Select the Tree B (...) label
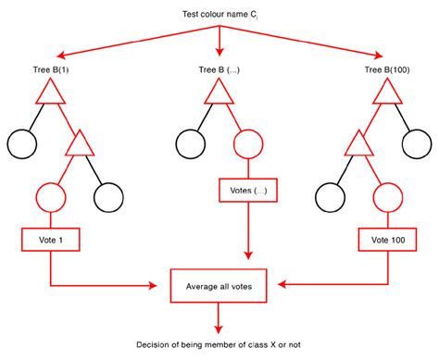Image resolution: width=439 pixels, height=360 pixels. pos(219,70)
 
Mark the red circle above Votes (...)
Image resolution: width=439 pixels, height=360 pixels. pos(248,146)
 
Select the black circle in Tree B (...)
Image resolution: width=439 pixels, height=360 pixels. pos(191,146)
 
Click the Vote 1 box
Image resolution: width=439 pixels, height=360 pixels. pos(49,241)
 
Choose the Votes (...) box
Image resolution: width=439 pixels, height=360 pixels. pos(247,193)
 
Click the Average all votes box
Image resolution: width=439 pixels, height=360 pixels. pos(219,286)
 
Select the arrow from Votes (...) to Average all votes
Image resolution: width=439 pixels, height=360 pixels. pos(247,236)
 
